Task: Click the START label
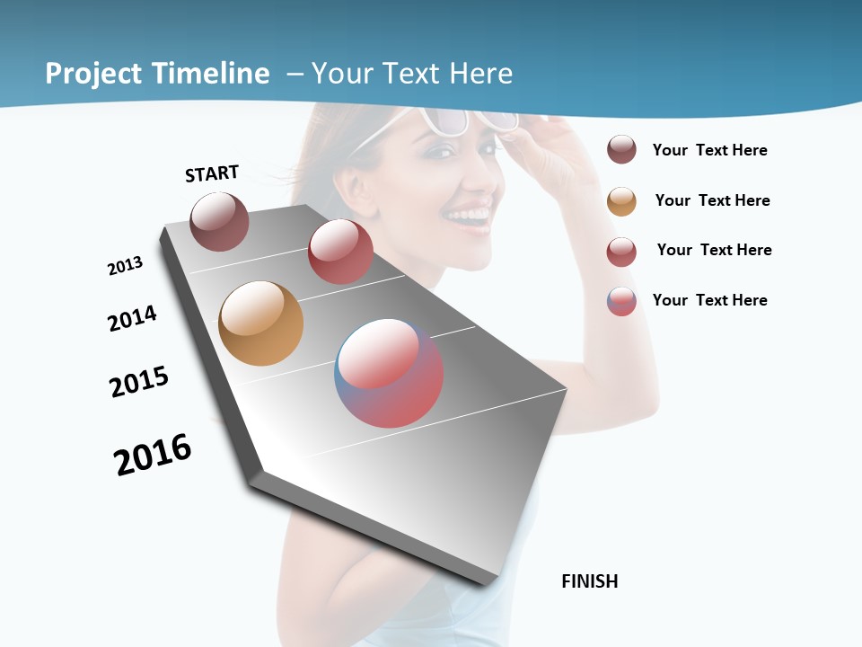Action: (x=212, y=173)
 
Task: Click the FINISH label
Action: (x=589, y=581)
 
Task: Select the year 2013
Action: (x=125, y=266)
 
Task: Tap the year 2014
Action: (x=132, y=318)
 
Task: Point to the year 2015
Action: (x=139, y=381)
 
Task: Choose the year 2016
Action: (x=153, y=455)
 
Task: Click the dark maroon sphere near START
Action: (x=219, y=221)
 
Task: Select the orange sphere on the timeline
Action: (x=260, y=323)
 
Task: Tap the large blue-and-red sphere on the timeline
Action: (x=389, y=373)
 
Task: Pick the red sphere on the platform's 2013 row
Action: (x=340, y=252)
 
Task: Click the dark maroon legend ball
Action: (x=621, y=150)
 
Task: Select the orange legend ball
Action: (x=621, y=201)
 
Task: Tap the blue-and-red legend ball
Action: (x=621, y=301)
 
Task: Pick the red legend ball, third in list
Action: (x=621, y=252)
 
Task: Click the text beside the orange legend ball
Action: (x=712, y=200)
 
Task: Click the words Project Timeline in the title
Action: (x=157, y=74)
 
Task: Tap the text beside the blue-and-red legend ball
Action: (x=709, y=300)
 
